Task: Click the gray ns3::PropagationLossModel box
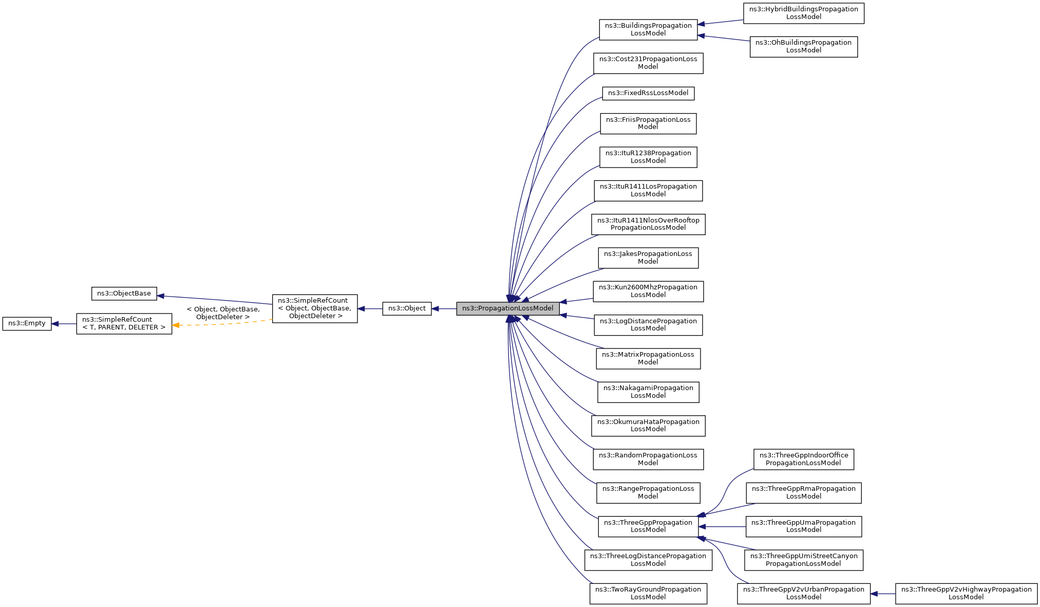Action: point(507,308)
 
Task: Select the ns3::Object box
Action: point(407,308)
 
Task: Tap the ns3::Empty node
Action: point(27,323)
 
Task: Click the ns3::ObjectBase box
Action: point(124,293)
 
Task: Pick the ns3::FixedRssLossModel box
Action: point(648,93)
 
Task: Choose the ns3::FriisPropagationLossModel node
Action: point(648,123)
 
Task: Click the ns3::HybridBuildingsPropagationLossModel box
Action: point(803,13)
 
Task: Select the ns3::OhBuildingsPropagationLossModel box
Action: point(803,46)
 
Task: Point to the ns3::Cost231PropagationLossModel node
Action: point(648,63)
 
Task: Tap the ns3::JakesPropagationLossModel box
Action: point(648,257)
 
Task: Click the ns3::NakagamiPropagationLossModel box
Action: point(648,392)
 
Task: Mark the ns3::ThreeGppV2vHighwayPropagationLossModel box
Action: point(966,593)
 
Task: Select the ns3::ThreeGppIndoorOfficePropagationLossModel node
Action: point(803,459)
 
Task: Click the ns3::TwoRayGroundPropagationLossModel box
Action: point(648,593)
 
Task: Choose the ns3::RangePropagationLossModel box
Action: point(648,492)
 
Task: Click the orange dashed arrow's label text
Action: point(223,313)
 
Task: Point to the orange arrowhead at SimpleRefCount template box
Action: point(176,325)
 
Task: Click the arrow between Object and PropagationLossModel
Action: point(444,308)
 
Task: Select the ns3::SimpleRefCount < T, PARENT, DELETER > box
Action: point(124,323)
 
